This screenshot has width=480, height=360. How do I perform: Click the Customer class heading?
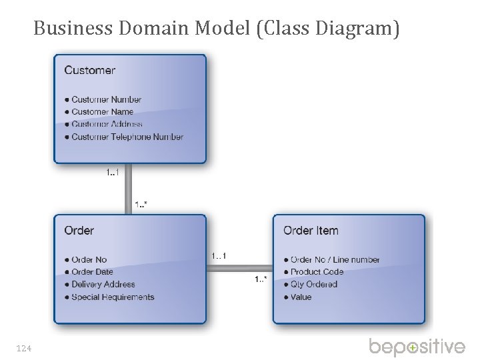(89, 70)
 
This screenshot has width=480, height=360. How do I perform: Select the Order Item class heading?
(311, 231)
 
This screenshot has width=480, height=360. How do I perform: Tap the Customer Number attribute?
(107, 100)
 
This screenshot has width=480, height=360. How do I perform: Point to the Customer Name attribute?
(103, 112)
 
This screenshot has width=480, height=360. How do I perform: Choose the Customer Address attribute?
(107, 124)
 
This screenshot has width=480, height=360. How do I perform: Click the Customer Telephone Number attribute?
(127, 137)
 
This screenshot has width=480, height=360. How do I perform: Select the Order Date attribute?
(93, 272)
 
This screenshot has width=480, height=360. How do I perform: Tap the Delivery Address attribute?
(103, 285)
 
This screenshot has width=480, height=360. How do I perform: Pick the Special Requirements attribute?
(113, 297)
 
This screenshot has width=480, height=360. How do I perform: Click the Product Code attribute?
(317, 272)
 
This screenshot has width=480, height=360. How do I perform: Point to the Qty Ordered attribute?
(314, 285)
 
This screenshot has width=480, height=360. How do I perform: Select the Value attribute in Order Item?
(301, 297)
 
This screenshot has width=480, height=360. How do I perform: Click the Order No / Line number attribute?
(335, 260)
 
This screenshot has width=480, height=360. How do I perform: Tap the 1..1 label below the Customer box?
(112, 173)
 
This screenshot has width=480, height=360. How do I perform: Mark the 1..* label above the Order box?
(141, 204)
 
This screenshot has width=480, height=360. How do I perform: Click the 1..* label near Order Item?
(261, 279)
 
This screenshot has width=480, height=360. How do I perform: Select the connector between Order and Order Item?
(239, 269)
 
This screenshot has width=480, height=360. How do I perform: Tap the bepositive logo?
(417, 347)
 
